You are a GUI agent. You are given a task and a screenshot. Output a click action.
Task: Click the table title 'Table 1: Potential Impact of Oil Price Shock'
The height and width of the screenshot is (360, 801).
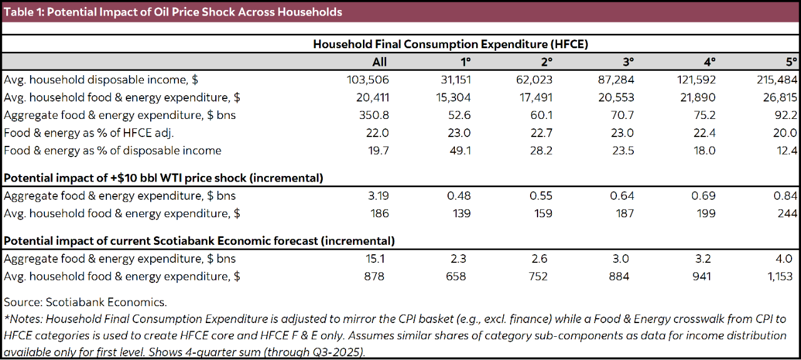pos(173,12)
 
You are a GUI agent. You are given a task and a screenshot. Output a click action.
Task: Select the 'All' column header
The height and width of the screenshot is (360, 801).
pos(379,61)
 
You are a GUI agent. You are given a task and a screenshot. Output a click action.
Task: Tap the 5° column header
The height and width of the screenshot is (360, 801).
pos(792,61)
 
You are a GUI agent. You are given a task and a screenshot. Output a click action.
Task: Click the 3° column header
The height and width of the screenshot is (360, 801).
pos(628,61)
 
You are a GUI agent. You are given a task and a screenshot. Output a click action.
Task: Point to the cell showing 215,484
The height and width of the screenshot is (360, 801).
pos(778,80)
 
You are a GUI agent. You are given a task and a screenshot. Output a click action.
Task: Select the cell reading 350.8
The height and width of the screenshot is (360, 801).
pos(374,115)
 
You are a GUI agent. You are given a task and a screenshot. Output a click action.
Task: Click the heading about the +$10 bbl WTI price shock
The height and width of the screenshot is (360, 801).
pos(163,178)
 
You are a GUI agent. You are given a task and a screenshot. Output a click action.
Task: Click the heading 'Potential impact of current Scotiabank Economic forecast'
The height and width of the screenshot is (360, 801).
pos(199,241)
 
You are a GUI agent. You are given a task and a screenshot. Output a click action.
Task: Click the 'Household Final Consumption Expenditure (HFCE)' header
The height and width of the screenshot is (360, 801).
pos(450,44)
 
